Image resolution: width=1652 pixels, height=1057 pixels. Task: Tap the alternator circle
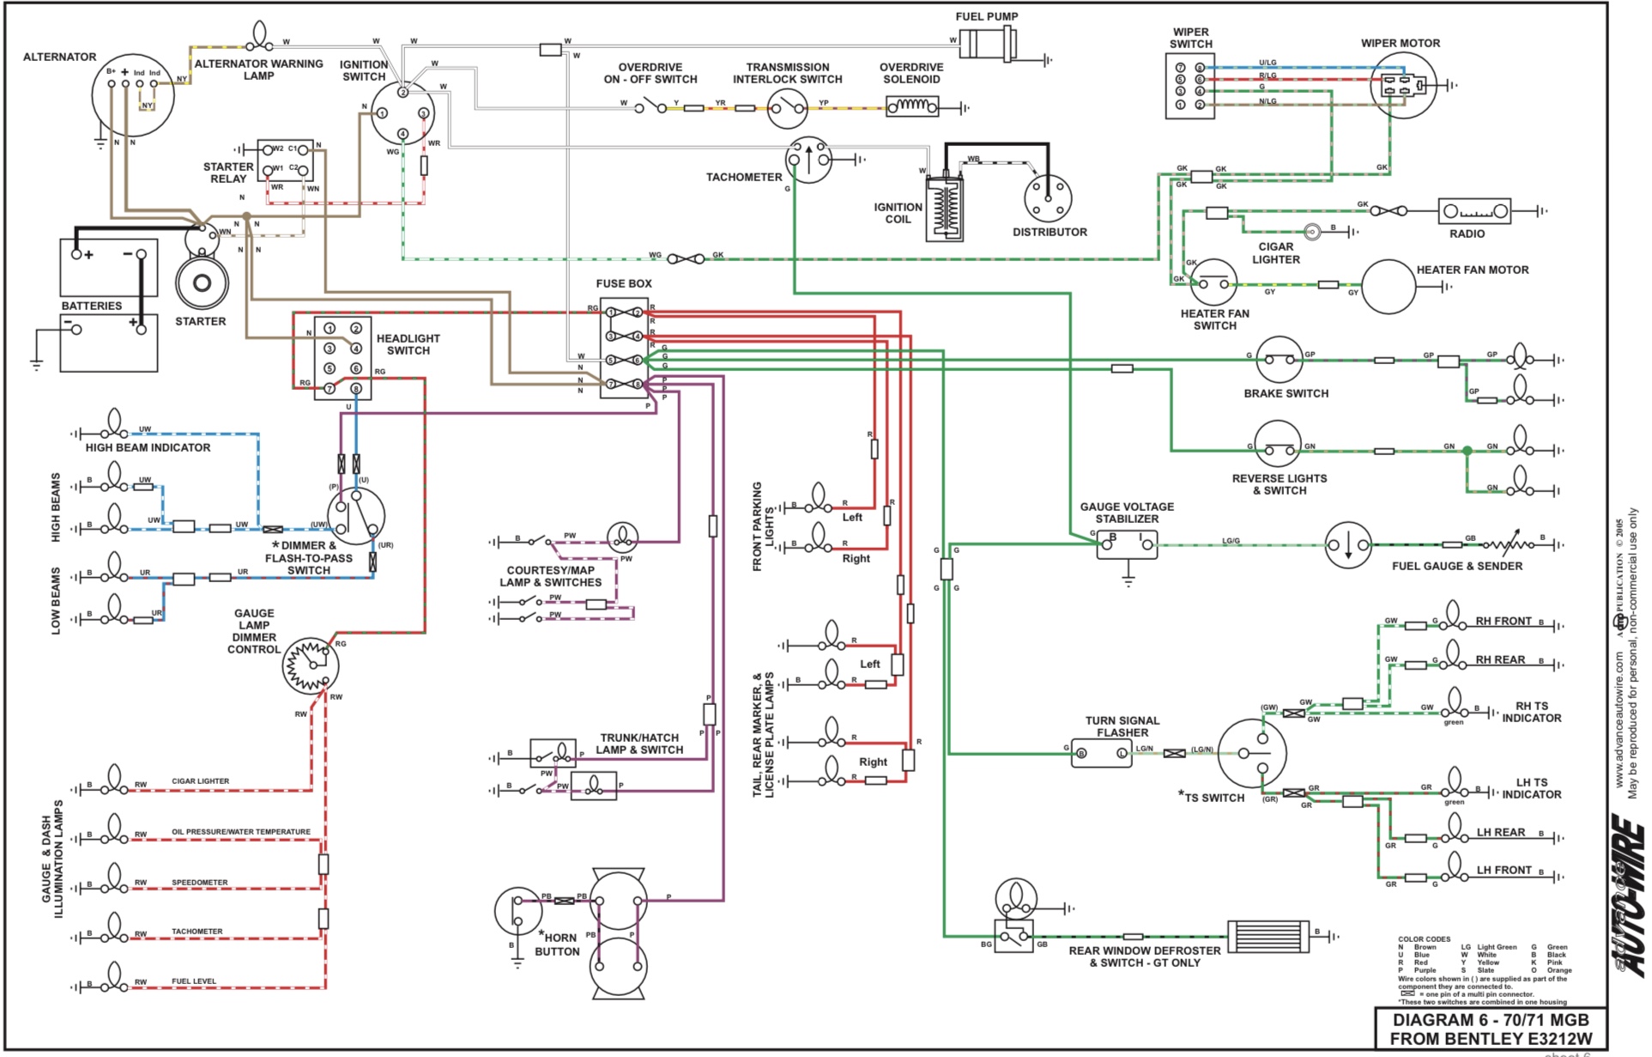(133, 94)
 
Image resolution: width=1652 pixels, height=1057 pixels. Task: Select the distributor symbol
(1048, 198)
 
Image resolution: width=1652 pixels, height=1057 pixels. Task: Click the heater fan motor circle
(1388, 286)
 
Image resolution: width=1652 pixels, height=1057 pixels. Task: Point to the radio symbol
(1473, 210)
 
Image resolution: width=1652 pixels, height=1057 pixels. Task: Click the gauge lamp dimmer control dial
(310, 665)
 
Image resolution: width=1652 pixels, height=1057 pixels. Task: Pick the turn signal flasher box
(1101, 753)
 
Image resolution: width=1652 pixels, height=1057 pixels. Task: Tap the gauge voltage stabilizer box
(1126, 544)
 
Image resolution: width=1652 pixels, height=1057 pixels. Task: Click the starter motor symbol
(202, 283)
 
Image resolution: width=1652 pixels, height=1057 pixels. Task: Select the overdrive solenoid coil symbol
(912, 107)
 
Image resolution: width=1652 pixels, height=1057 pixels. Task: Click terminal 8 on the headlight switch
(356, 389)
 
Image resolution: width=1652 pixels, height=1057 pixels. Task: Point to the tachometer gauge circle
(808, 160)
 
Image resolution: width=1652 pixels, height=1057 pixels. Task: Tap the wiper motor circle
(1403, 85)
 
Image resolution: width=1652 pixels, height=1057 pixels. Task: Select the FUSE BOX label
(624, 283)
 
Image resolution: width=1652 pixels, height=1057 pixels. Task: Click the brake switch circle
(1279, 360)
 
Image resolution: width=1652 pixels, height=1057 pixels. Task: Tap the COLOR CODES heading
(1423, 939)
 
